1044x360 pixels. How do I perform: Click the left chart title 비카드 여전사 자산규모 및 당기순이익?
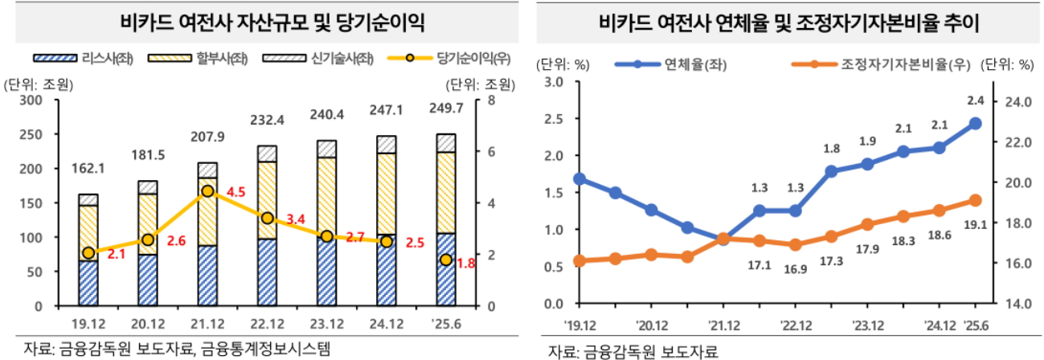pos(262,21)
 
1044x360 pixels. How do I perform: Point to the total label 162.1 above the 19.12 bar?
pos(88,170)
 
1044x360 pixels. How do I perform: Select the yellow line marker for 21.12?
pos(208,191)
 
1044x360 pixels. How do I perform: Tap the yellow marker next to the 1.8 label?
pos(446,260)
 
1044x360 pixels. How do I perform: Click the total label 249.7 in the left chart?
pos(446,108)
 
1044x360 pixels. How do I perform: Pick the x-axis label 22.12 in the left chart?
pos(267,325)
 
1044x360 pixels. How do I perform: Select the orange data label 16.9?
pos(796,269)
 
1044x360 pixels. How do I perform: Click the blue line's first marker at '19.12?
pos(579,178)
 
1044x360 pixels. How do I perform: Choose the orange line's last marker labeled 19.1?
pos(975,200)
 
